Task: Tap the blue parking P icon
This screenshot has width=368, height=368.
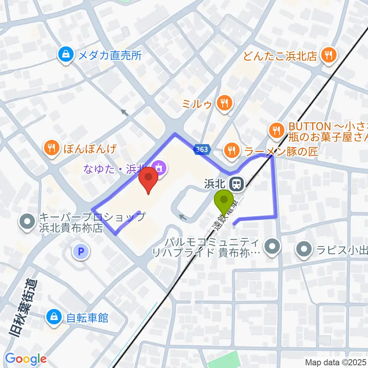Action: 80,252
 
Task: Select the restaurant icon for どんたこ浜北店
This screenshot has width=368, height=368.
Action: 329,56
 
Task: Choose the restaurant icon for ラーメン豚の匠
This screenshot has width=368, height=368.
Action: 231,150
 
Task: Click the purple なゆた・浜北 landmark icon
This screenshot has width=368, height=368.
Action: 158,168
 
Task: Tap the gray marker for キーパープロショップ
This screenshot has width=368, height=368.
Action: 28,222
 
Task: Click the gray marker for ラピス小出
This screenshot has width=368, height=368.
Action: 305,250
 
